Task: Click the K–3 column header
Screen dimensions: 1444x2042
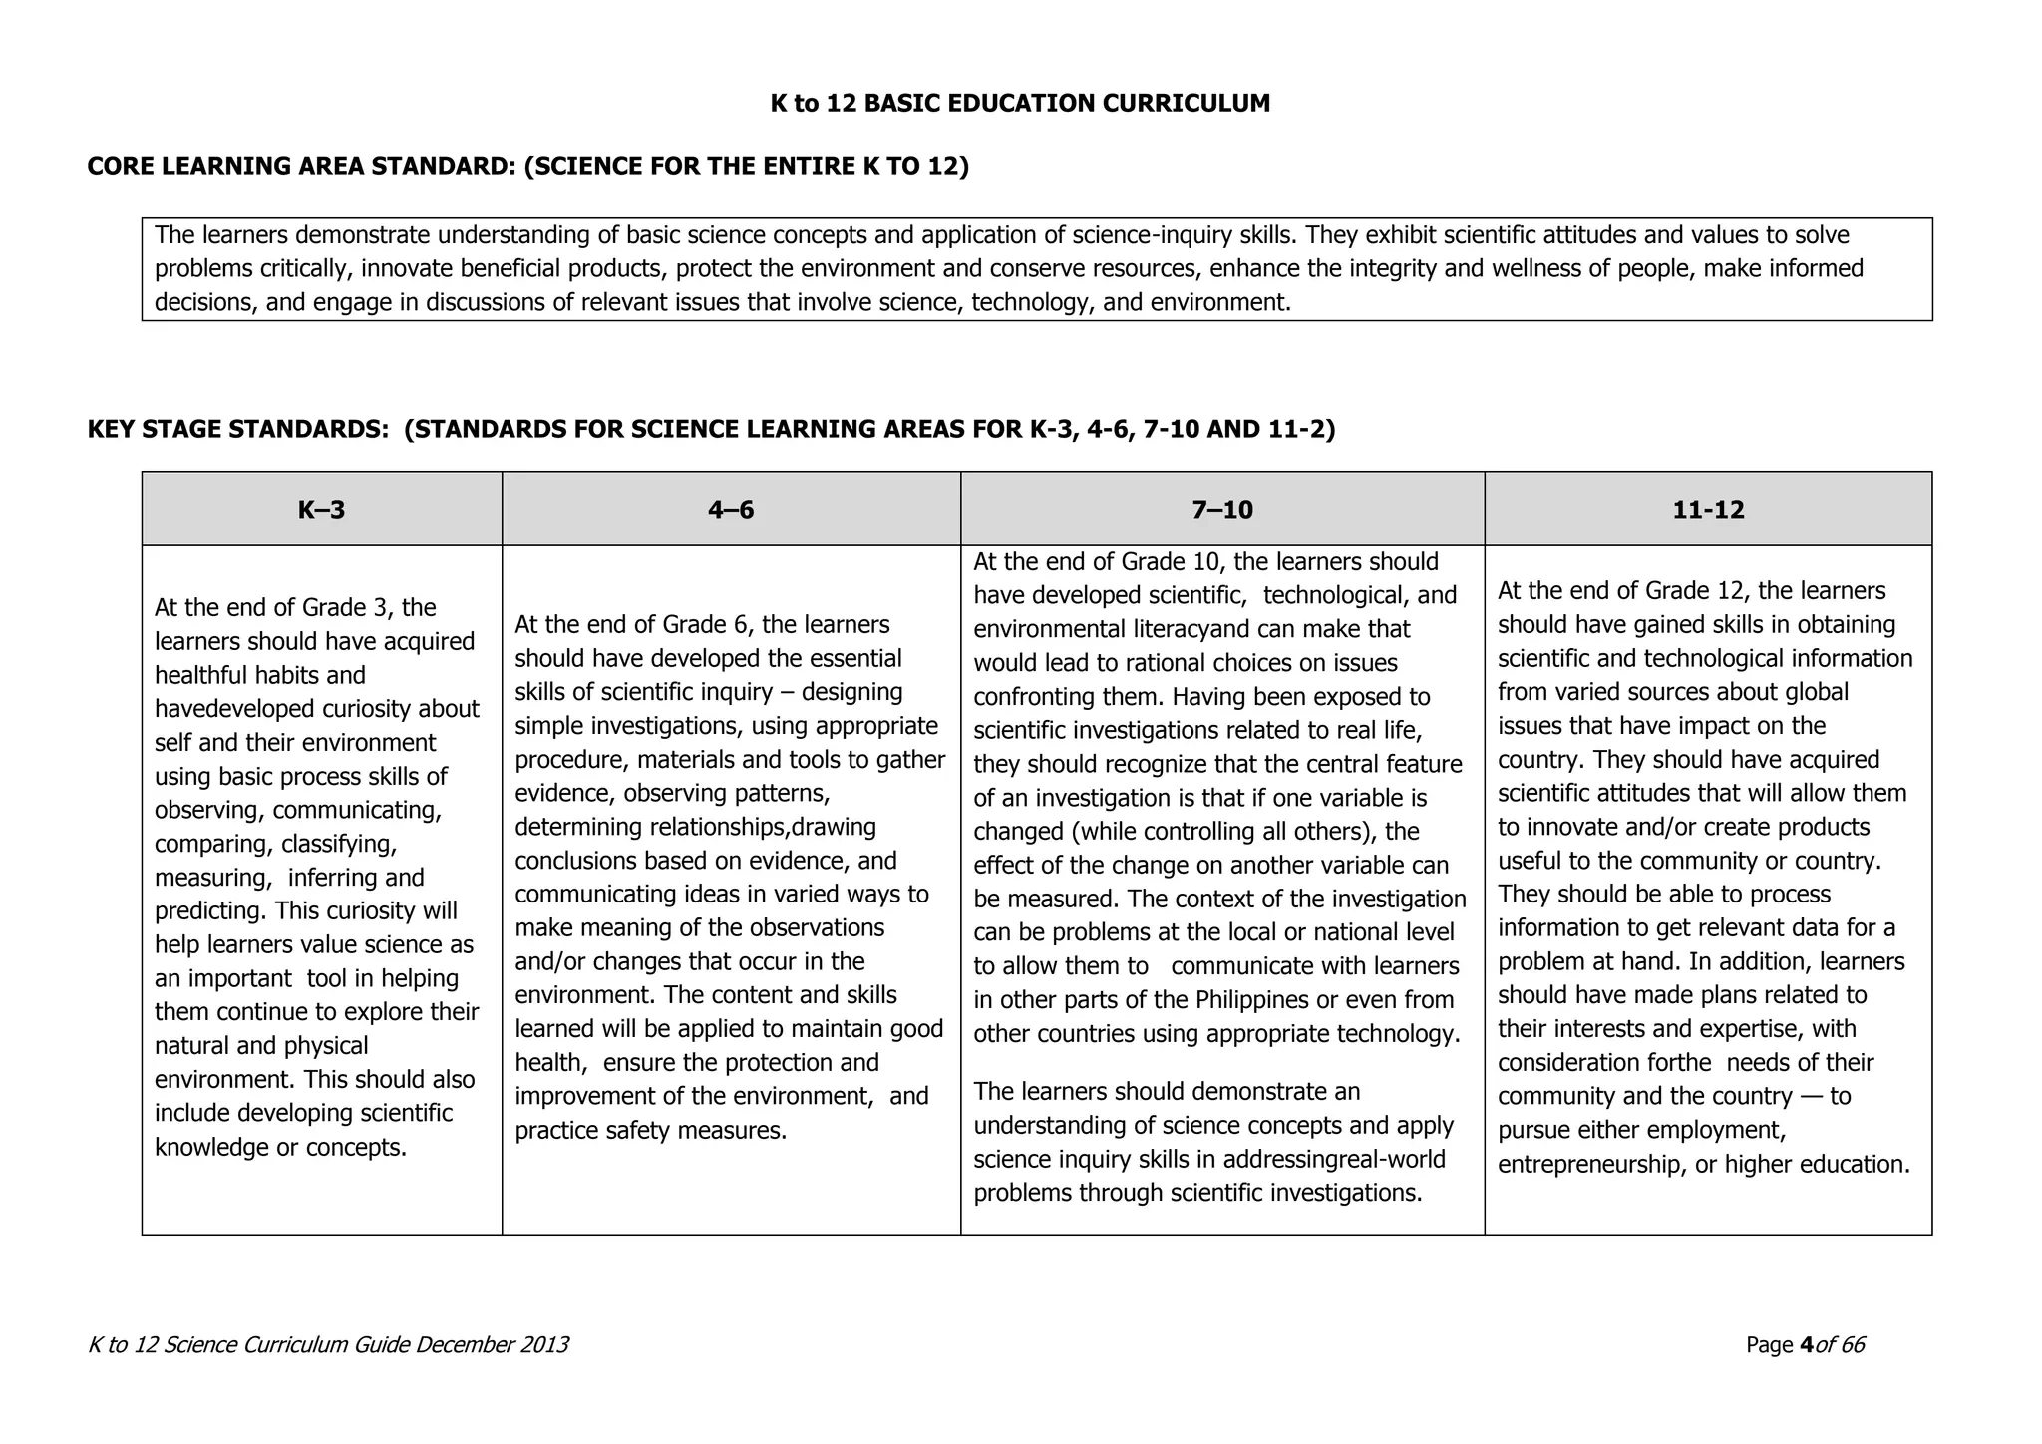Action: tap(321, 510)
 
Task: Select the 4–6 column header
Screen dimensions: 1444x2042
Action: tap(731, 510)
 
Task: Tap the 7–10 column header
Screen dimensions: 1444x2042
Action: tap(1222, 510)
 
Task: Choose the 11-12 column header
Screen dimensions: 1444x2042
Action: tap(1708, 510)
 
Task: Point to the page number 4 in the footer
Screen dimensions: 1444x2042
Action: tap(1806, 1345)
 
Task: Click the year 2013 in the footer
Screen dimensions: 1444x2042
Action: tap(543, 1345)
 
